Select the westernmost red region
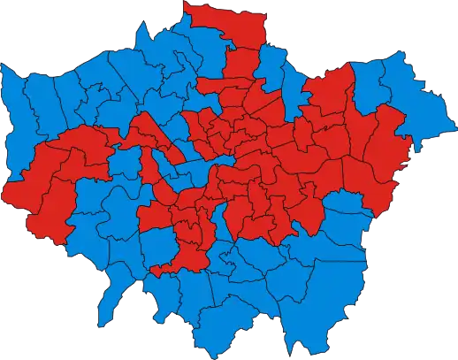click(22, 190)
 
